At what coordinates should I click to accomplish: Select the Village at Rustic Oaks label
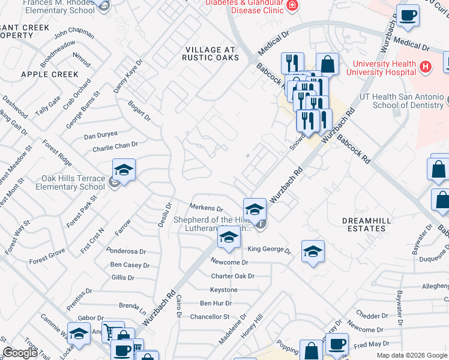pos(211,53)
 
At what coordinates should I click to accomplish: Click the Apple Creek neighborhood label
pos(49,74)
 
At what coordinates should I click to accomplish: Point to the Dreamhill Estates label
pos(366,224)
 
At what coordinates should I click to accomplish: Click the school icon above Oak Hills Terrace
pos(124,170)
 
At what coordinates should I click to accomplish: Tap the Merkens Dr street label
pos(206,208)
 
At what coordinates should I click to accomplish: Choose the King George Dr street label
pos(269,250)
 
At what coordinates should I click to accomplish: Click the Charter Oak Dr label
pos(233,276)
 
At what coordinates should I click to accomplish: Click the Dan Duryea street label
pos(100,136)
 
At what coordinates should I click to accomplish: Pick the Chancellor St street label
pos(210,316)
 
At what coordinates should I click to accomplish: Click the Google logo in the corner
pos(20,353)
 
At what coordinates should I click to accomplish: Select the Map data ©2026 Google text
pos(412,355)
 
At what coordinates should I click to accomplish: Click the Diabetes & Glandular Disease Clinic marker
pos(292,6)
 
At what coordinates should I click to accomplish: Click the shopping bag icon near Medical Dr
pos(327,64)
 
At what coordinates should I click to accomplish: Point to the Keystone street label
pos(224,290)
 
